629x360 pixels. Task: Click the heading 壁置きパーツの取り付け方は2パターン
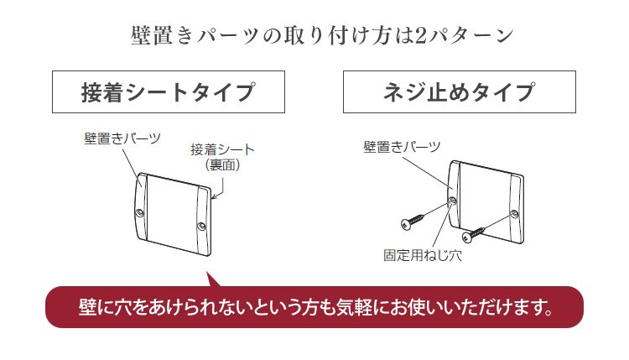pyautogui.click(x=314, y=37)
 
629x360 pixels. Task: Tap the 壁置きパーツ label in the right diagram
pyautogui.click(x=402, y=147)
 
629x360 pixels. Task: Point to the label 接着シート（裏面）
pyautogui.click(x=222, y=158)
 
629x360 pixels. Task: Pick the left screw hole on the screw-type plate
pyautogui.click(x=453, y=201)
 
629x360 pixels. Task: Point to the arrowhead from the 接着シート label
pyautogui.click(x=216, y=199)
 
